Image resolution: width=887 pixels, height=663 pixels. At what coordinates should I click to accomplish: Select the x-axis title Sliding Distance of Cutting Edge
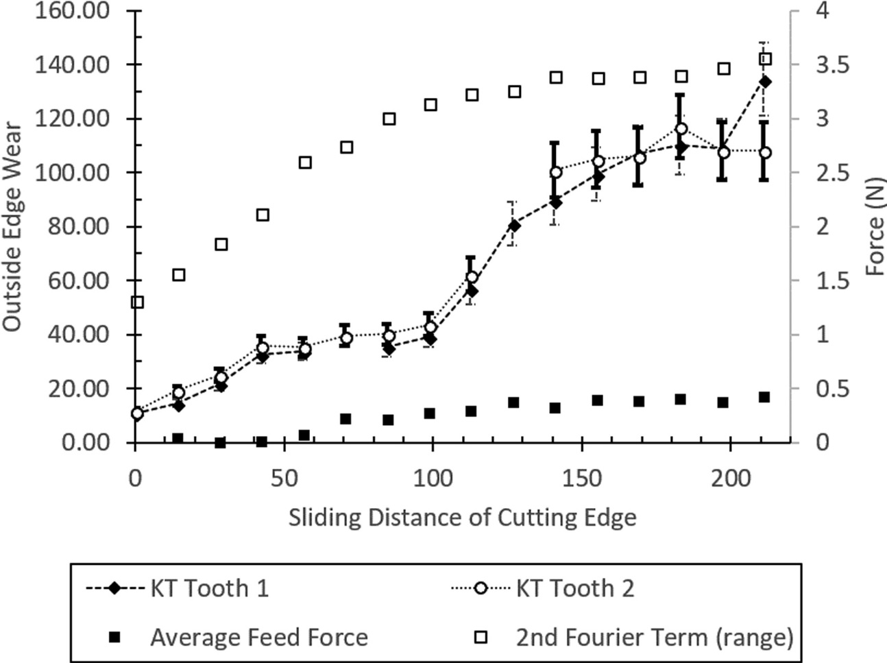click(462, 517)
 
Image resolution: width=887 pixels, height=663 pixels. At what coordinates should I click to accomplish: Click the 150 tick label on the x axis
click(581, 479)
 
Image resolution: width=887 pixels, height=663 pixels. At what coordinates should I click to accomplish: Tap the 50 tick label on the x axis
click(284, 479)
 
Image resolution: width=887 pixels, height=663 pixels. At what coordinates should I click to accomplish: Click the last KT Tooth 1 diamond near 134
click(765, 82)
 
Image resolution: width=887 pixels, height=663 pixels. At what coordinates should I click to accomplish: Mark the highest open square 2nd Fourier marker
click(766, 59)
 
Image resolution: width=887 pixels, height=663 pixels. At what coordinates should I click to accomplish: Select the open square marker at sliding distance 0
click(137, 302)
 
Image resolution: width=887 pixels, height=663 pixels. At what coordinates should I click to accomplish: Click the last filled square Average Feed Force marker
click(764, 397)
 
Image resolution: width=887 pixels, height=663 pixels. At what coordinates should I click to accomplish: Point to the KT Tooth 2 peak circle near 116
click(681, 129)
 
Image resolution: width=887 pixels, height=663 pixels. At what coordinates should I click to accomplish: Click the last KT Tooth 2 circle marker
click(765, 152)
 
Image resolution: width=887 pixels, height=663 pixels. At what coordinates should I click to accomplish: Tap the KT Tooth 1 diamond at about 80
click(515, 226)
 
